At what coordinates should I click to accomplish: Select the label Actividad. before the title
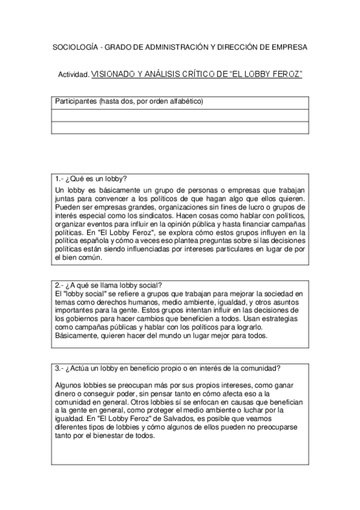click(73, 75)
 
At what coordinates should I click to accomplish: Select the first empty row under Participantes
click(180, 115)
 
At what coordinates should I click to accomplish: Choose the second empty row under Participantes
click(180, 127)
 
